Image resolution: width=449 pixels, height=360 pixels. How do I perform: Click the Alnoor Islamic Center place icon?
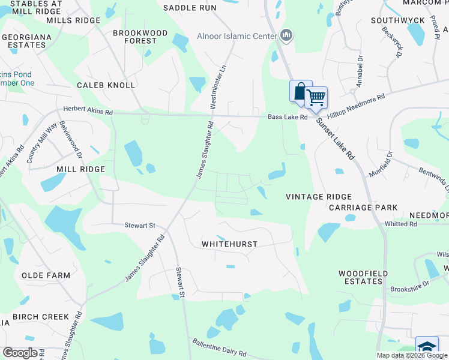click(286, 36)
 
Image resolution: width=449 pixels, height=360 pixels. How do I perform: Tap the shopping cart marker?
click(316, 97)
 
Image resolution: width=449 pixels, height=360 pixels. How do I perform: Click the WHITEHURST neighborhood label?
click(229, 244)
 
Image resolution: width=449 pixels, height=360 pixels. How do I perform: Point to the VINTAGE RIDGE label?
click(318, 197)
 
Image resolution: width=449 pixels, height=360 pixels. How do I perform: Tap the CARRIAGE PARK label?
click(363, 208)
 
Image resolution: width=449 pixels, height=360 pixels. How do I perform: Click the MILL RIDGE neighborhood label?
click(80, 170)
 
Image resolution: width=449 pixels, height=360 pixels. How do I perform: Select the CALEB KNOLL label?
click(106, 85)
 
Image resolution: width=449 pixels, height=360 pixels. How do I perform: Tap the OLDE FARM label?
click(46, 275)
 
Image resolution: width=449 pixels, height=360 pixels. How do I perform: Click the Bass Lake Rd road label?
click(287, 117)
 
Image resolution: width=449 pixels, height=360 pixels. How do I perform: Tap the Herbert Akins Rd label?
click(88, 112)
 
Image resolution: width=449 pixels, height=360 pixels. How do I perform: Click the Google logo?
click(20, 353)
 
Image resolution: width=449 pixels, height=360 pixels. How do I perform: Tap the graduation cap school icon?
click(427, 347)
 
